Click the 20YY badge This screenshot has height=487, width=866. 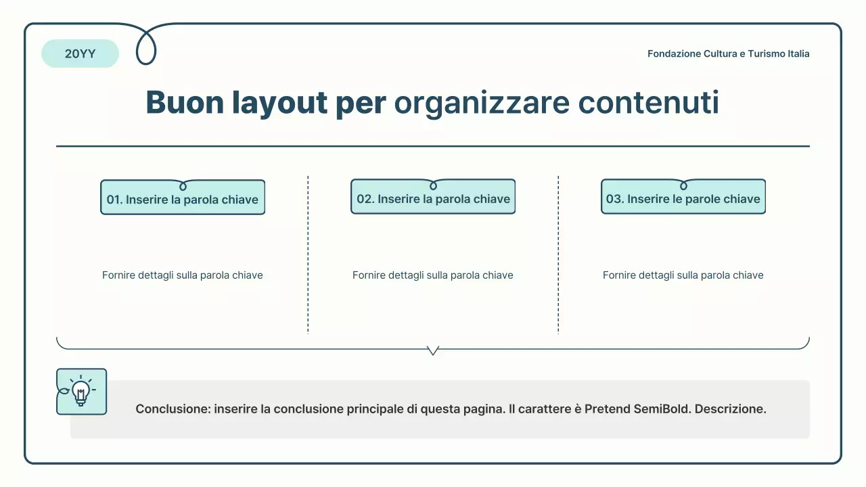pos(80,54)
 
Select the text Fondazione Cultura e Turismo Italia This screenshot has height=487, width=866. pos(728,54)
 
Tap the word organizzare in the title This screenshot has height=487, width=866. pos(481,103)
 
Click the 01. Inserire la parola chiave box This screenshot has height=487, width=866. pos(183,199)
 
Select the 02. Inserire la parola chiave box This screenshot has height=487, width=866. pos(433,198)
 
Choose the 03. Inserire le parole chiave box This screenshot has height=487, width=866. pos(683,198)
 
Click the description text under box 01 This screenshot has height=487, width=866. pos(183,275)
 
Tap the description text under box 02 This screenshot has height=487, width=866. pos(433,275)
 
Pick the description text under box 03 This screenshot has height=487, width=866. pos(683,275)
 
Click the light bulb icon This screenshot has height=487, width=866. pos(81,392)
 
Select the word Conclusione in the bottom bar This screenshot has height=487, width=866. pos(172,409)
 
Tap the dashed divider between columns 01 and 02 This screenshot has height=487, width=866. pos(308,254)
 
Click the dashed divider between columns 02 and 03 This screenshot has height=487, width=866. pos(558,254)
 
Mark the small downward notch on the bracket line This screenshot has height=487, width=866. pos(433,350)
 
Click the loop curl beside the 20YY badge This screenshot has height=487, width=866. pos(146,47)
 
